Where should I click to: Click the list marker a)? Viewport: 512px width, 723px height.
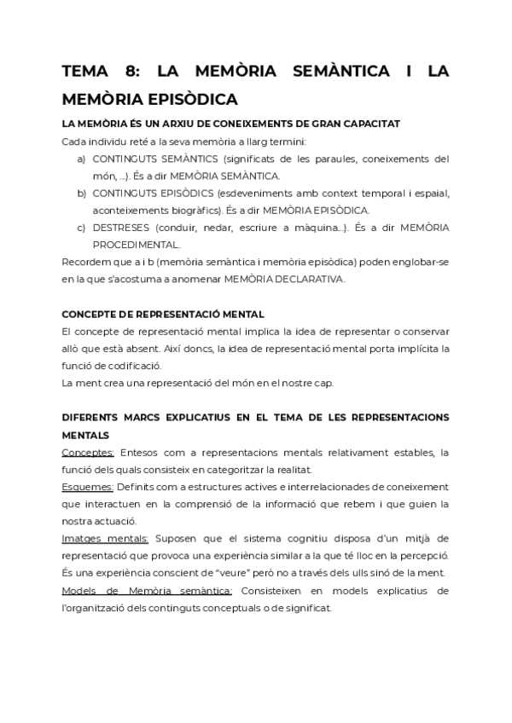(x=82, y=159)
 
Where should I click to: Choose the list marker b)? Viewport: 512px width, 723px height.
(x=82, y=193)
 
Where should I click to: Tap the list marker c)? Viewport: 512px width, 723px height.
(x=82, y=227)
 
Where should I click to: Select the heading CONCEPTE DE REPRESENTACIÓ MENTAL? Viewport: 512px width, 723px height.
(x=163, y=313)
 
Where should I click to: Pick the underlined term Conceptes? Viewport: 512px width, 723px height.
(x=88, y=452)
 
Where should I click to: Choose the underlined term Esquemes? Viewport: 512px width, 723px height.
(x=88, y=486)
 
